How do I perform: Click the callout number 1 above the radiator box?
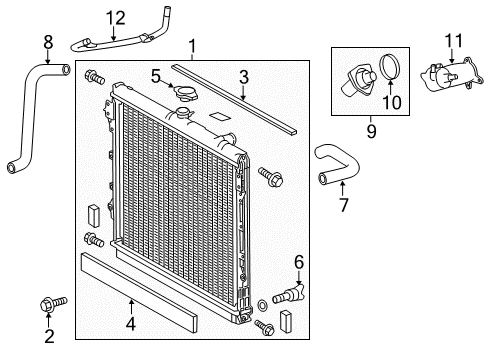[x=194, y=45]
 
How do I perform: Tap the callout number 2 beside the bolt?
[x=47, y=337]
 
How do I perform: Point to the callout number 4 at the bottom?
[x=129, y=323]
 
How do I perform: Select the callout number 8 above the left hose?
[x=47, y=42]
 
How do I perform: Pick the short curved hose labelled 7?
[x=336, y=164]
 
